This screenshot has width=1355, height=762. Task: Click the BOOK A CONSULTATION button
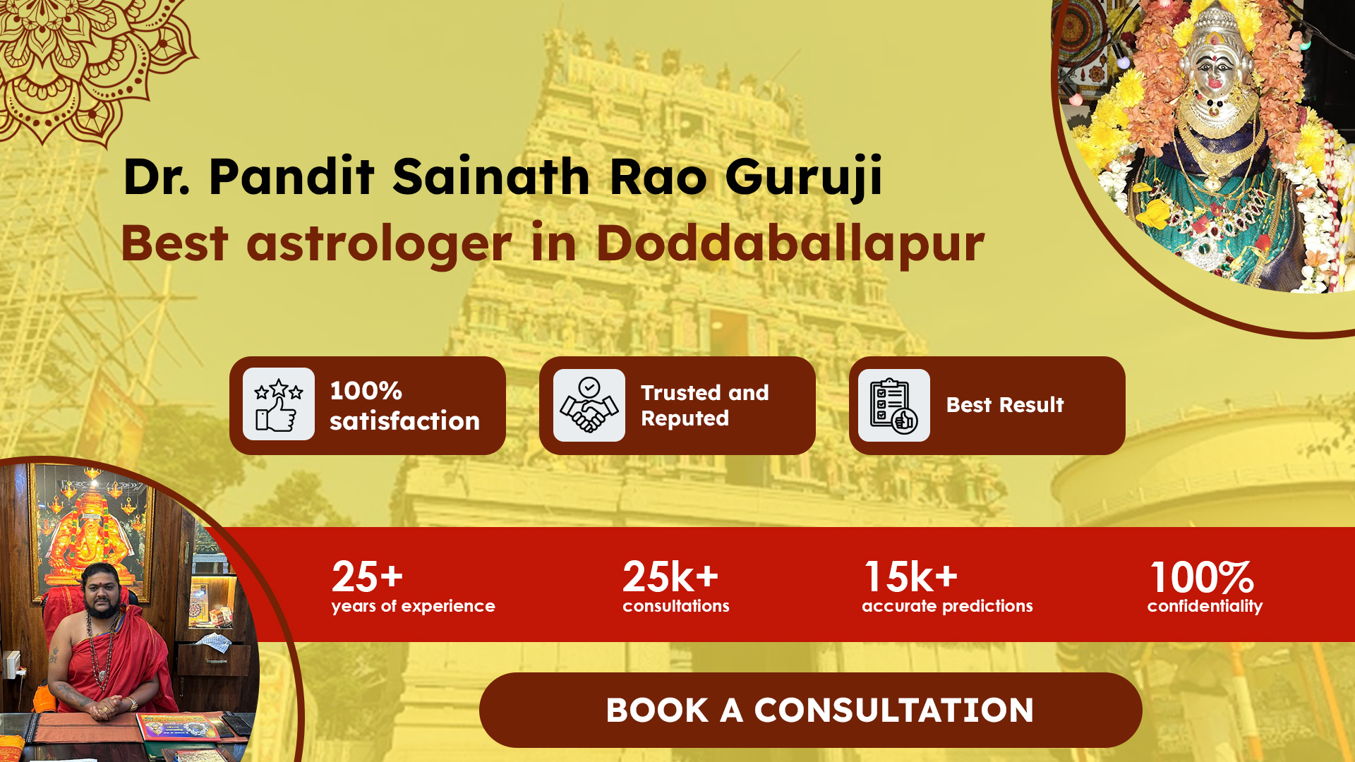(x=810, y=710)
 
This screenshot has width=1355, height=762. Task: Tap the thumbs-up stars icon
(x=279, y=405)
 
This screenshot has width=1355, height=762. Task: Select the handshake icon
(x=589, y=405)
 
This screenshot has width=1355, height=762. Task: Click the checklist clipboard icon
(x=894, y=405)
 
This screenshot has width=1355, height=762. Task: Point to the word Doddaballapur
(x=790, y=243)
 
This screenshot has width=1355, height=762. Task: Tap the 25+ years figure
(x=367, y=576)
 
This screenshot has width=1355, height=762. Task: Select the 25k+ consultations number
(x=670, y=576)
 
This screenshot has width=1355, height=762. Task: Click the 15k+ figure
(x=911, y=576)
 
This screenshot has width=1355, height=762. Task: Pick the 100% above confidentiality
(x=1202, y=577)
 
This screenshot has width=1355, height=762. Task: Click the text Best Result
(x=1004, y=405)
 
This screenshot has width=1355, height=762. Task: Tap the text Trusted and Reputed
(x=704, y=405)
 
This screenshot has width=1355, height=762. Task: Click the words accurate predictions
(x=947, y=606)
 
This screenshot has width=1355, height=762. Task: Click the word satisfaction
(x=404, y=421)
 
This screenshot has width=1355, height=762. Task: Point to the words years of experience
(x=413, y=606)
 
